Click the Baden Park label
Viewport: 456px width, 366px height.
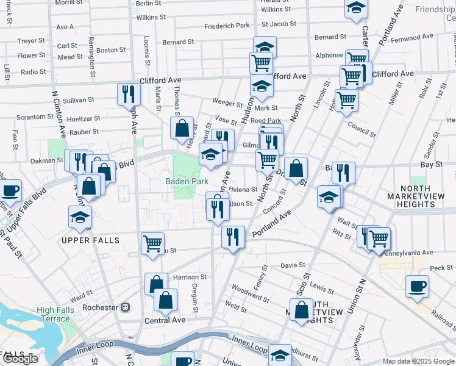(187, 181)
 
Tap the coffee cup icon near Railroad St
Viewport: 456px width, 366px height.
(417, 286)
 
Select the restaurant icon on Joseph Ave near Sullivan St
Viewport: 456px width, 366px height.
(129, 93)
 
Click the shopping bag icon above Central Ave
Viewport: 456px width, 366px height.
(165, 300)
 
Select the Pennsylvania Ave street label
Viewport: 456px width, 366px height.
(407, 252)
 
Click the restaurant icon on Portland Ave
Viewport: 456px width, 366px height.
(233, 237)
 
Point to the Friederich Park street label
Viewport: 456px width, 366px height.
(227, 26)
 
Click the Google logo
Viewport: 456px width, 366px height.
(20, 359)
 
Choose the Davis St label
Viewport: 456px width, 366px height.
(293, 265)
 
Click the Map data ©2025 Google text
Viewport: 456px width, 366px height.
(418, 361)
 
